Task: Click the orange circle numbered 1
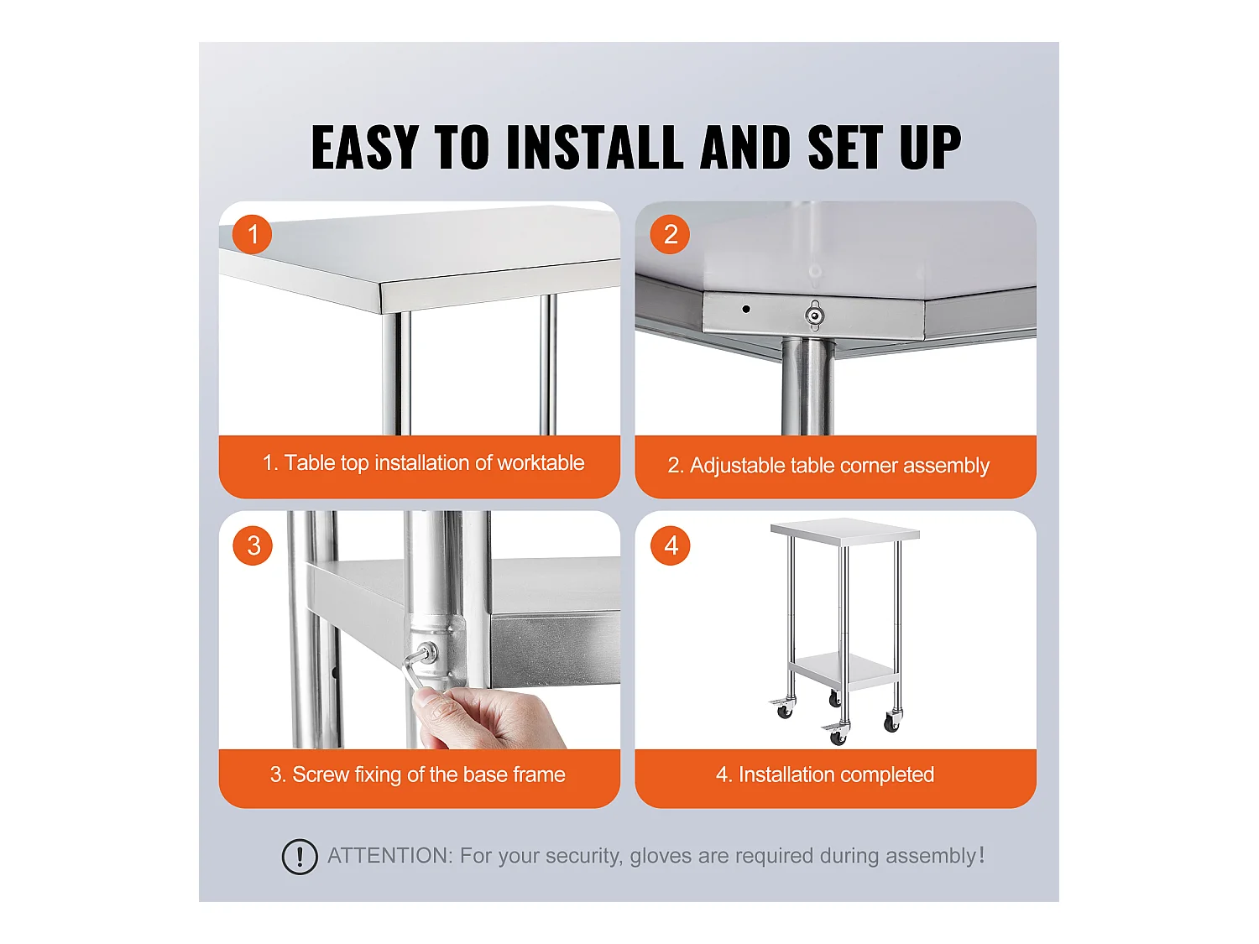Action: pyautogui.click(x=253, y=234)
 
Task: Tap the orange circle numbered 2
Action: pyautogui.click(x=670, y=234)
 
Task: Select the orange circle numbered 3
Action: pyautogui.click(x=253, y=545)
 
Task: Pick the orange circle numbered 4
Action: pyautogui.click(x=670, y=545)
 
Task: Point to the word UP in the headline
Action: pyautogui.click(x=929, y=148)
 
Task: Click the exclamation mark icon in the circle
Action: pyautogui.click(x=300, y=857)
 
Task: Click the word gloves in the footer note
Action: pyautogui.click(x=661, y=856)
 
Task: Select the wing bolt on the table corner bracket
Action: pyautogui.click(x=814, y=315)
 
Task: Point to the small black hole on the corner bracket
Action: pyautogui.click(x=745, y=309)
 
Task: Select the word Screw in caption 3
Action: pyautogui.click(x=320, y=774)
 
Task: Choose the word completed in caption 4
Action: pyautogui.click(x=888, y=774)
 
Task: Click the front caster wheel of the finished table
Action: pyautogui.click(x=838, y=737)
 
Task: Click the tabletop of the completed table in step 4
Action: pyautogui.click(x=844, y=530)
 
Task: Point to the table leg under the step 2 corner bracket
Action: pyautogui.click(x=807, y=386)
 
